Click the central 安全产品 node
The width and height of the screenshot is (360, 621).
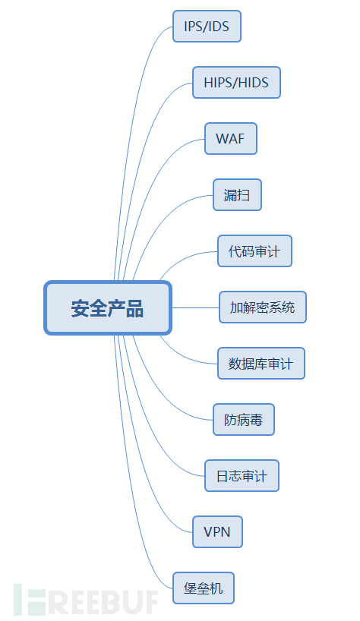pos(108,308)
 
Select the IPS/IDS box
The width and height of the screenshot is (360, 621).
pos(207,27)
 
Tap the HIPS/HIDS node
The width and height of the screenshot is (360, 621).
pos(236,83)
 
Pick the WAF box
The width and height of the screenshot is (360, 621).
pos(231,139)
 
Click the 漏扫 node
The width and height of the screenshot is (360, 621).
pos(237,195)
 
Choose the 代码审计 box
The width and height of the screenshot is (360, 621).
pos(254,251)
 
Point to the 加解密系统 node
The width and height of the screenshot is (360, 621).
pos(262,307)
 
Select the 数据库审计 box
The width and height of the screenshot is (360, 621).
pos(261,364)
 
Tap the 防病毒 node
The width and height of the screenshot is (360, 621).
pos(243,420)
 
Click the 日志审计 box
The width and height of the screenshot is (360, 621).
pos(242,476)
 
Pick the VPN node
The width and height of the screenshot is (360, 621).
pos(217,532)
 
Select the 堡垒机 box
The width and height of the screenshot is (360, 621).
pos(204,588)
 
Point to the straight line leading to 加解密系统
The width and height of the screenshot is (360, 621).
pos(195,307)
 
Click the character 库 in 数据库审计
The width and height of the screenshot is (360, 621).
pos(261,364)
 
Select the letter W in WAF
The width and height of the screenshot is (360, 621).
pos(221,139)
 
